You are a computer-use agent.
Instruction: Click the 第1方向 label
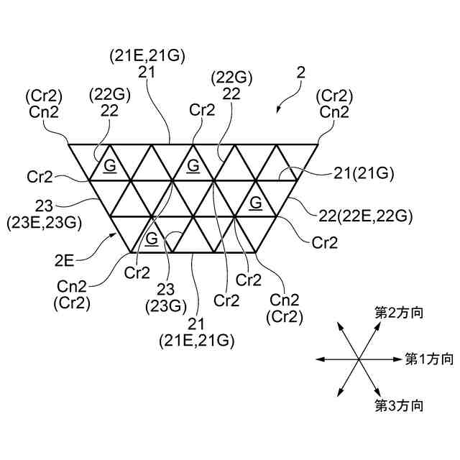click(429, 358)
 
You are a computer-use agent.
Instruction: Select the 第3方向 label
click(397, 405)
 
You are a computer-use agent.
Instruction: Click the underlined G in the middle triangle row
click(256, 203)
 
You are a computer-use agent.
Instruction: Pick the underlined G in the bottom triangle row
click(152, 239)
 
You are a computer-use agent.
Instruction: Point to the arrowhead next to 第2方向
click(379, 323)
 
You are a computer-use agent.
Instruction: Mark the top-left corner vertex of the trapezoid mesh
click(68, 144)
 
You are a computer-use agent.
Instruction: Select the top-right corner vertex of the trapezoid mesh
click(320, 144)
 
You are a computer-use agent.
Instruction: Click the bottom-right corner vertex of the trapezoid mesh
click(257, 252)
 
